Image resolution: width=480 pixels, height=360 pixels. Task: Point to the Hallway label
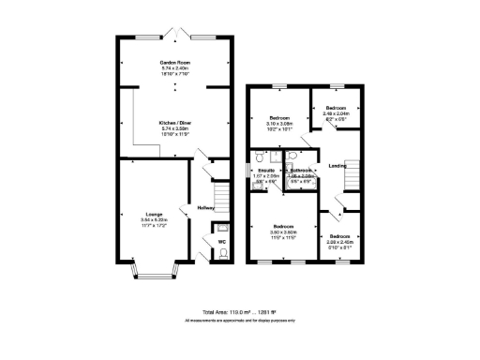pyautogui.click(x=206, y=207)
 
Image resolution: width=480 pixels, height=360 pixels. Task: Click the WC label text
pyautogui.click(x=222, y=243)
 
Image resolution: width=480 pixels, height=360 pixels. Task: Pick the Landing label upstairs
pyautogui.click(x=339, y=166)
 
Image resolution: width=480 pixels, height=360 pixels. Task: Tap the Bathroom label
pyautogui.click(x=301, y=170)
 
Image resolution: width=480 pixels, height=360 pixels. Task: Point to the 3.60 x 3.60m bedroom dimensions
pyautogui.click(x=284, y=232)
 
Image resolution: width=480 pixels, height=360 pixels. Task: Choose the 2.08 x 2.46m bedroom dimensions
pyautogui.click(x=338, y=242)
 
